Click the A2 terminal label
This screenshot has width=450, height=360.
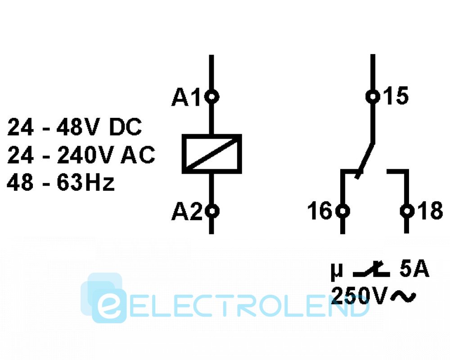coord(186,211)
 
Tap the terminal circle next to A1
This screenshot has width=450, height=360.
coord(211,96)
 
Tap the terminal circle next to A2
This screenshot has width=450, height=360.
coord(211,211)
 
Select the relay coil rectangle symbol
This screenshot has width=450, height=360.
coord(211,153)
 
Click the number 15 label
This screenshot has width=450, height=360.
coord(396,97)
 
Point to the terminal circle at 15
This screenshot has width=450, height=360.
coord(372,96)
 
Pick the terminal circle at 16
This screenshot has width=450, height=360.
coord(343,211)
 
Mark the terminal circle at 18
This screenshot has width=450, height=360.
coord(407,211)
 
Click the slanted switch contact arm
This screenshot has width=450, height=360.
coord(365,160)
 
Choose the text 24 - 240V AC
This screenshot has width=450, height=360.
coord(81,156)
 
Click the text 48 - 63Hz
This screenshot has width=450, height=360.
coord(61,183)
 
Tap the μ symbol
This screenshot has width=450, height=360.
coord(336,271)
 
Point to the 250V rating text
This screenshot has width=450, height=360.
coord(359,295)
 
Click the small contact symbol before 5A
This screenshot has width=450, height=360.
coord(371,270)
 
